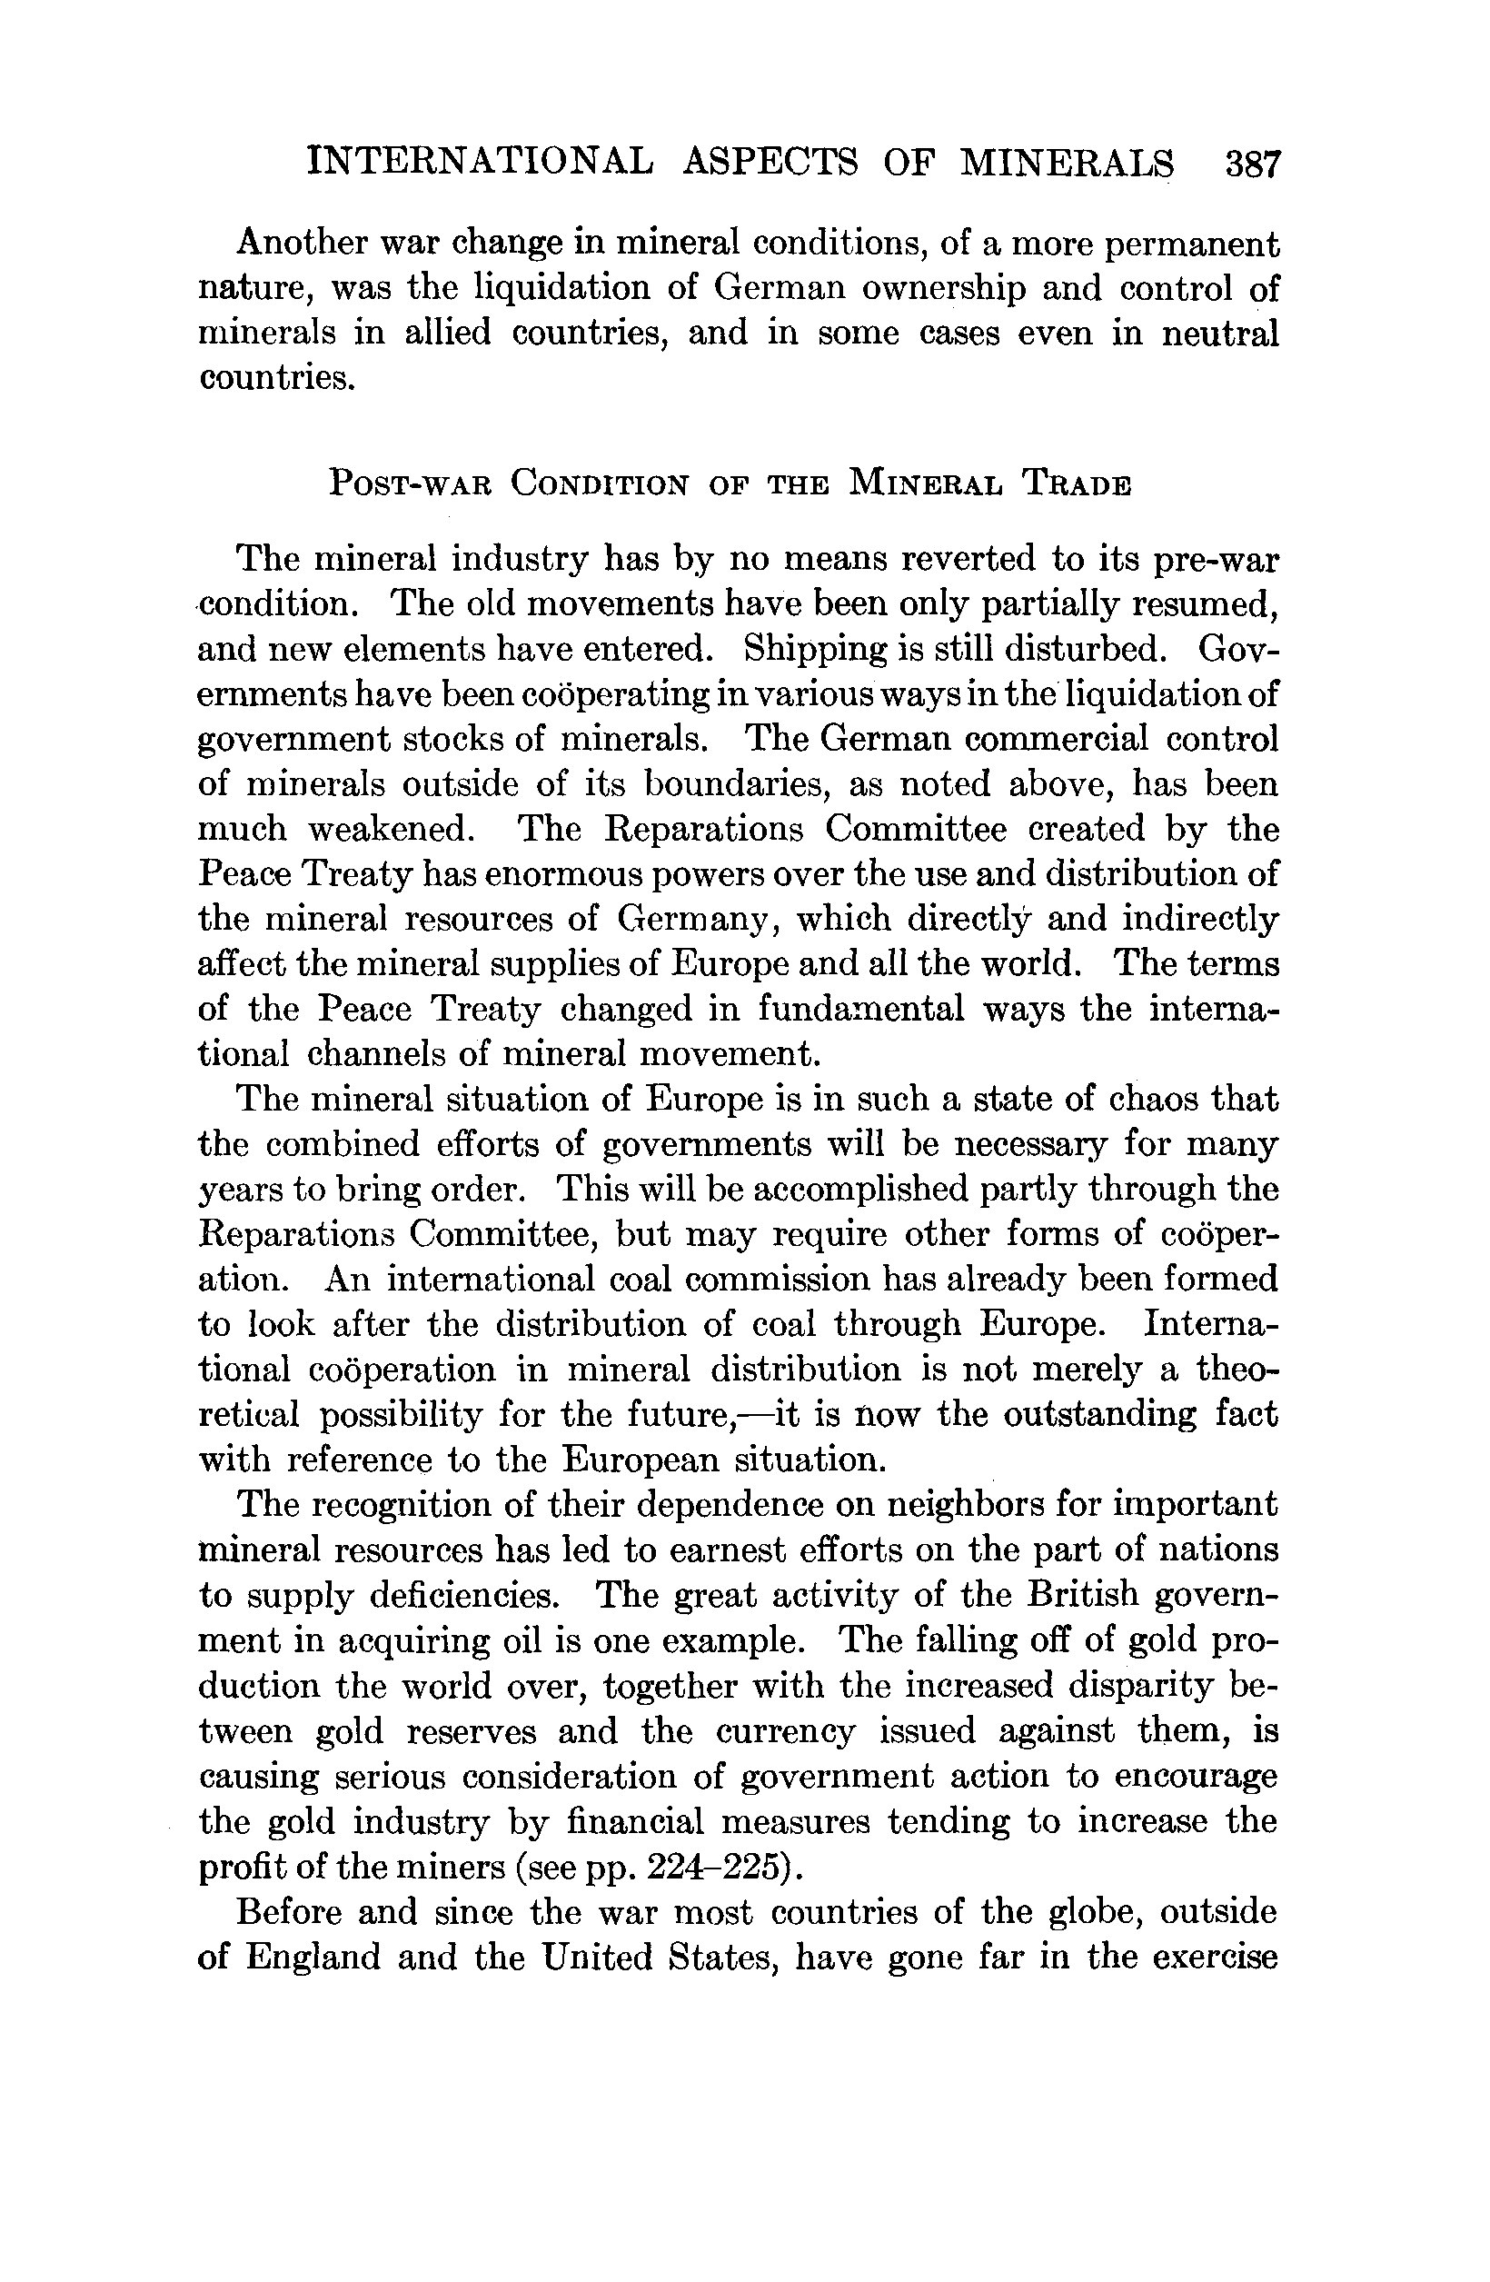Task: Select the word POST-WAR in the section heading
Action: pos(410,483)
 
